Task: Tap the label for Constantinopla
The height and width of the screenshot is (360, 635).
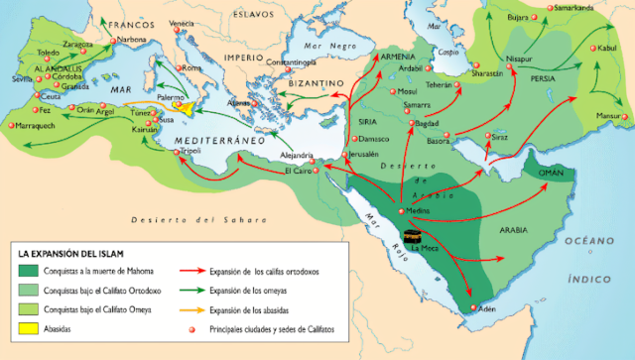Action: point(281,62)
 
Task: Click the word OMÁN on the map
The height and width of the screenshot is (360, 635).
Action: point(553,172)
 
